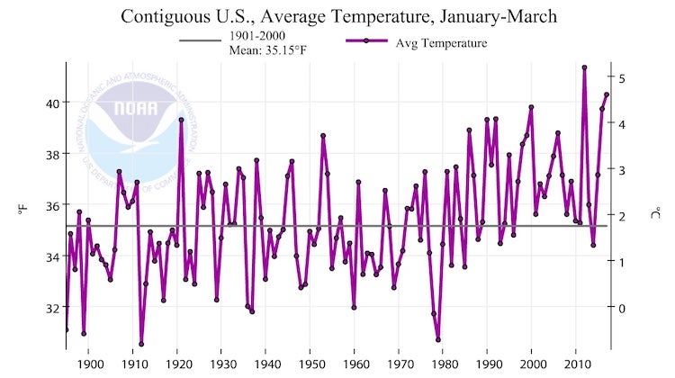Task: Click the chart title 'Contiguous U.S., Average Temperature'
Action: [x=337, y=16]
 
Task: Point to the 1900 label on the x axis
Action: [x=89, y=364]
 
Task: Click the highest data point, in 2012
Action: [x=585, y=67]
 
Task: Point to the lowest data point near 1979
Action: [x=438, y=339]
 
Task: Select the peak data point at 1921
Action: [x=181, y=120]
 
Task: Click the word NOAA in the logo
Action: [x=135, y=110]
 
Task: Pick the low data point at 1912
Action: [x=141, y=344]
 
